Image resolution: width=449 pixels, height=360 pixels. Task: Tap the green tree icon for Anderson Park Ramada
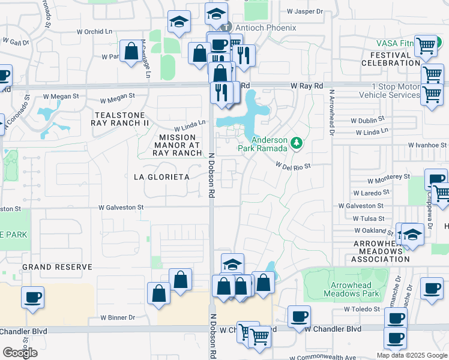(295, 143)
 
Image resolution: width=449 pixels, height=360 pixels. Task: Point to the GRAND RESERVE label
(57, 266)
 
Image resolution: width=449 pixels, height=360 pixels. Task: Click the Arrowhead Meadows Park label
(352, 289)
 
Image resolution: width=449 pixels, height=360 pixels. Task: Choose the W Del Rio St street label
(293, 166)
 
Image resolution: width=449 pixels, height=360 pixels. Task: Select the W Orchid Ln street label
(95, 32)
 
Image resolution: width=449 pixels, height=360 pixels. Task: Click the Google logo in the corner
(20, 353)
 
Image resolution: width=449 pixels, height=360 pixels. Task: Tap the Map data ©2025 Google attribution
(412, 355)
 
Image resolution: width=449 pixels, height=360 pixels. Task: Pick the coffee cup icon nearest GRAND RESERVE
(32, 296)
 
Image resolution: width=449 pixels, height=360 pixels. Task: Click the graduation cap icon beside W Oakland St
(412, 233)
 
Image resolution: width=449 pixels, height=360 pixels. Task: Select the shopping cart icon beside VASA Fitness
(426, 45)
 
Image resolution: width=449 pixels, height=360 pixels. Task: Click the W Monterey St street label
(389, 179)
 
